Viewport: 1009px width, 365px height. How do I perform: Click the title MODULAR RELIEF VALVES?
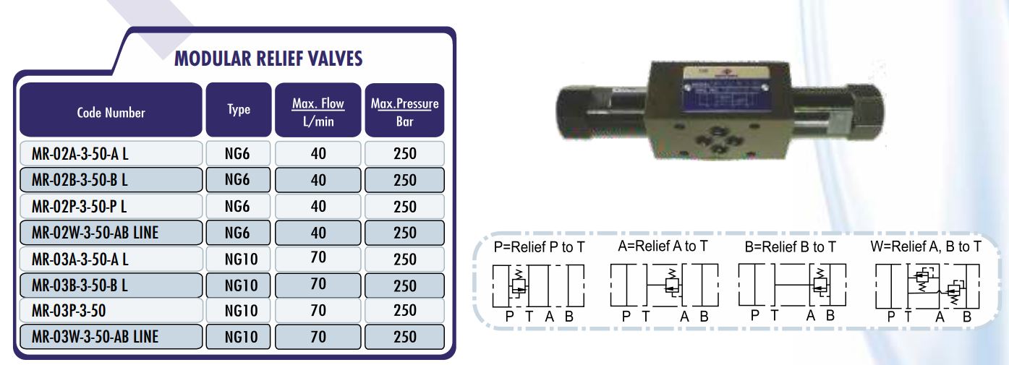pyautogui.click(x=268, y=59)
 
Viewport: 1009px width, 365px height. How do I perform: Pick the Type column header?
pyautogui.click(x=239, y=110)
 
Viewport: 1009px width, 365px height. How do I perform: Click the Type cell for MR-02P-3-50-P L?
pyautogui.click(x=238, y=207)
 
